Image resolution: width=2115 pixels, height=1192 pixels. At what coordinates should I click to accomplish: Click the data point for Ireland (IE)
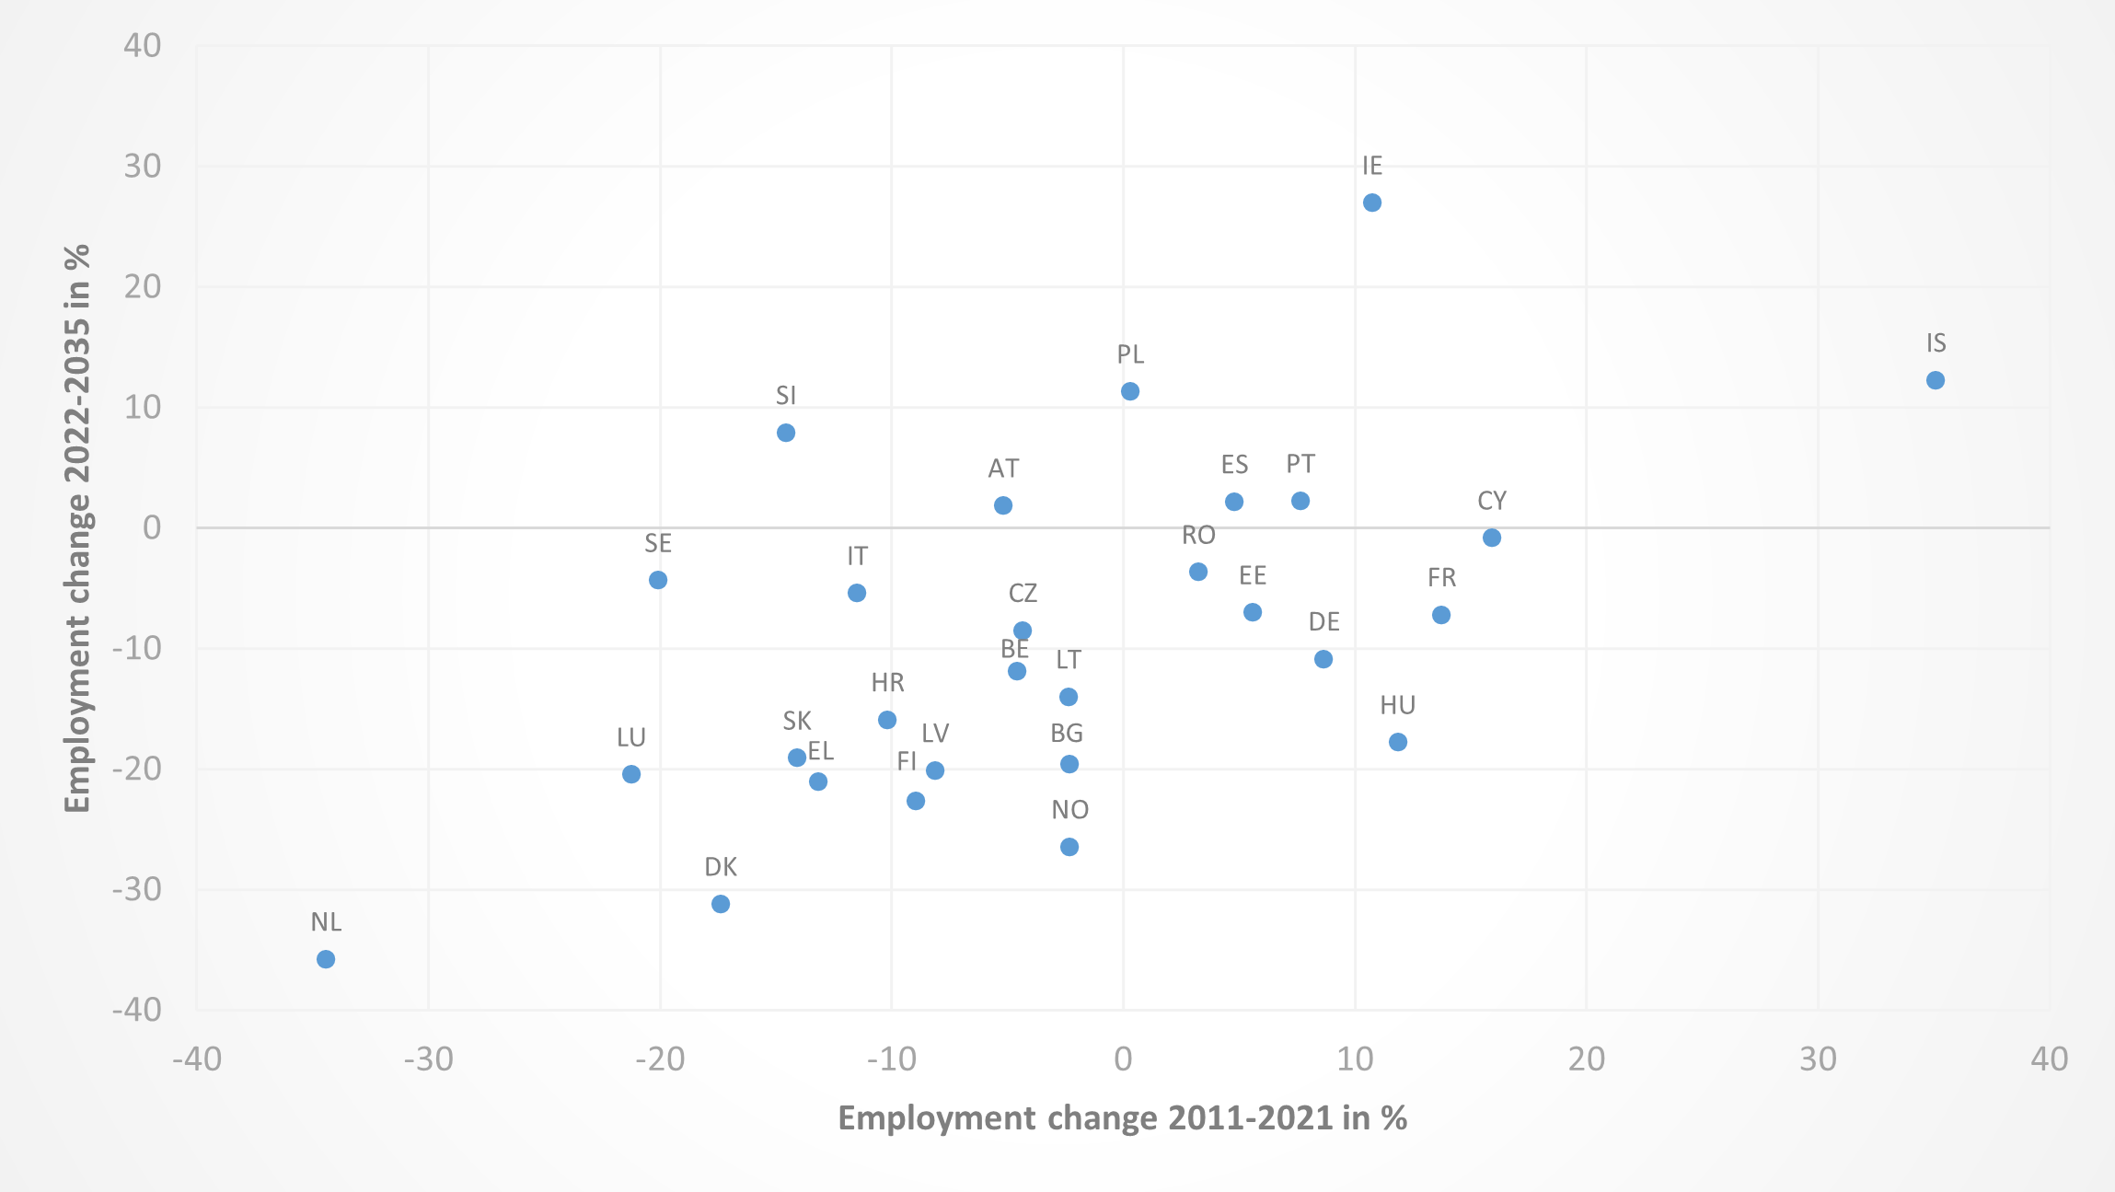click(1371, 203)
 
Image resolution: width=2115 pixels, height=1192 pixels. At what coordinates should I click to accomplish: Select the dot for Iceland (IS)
click(1935, 380)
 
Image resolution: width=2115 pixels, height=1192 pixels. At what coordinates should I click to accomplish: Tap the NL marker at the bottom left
click(326, 959)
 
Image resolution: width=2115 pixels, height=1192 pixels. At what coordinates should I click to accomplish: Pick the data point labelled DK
click(721, 904)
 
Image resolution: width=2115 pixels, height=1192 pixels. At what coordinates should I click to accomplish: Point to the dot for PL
click(1130, 391)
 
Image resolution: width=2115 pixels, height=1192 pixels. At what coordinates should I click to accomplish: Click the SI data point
click(786, 433)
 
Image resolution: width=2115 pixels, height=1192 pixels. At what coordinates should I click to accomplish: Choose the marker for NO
click(1069, 847)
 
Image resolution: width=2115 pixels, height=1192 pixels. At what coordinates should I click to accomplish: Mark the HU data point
click(1397, 742)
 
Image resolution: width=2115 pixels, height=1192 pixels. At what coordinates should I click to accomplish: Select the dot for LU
click(631, 774)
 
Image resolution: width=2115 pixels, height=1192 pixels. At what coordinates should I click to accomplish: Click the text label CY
click(1492, 501)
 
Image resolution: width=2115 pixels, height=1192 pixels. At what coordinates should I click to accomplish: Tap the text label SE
click(658, 543)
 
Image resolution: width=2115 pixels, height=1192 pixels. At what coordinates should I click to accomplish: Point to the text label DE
click(1323, 622)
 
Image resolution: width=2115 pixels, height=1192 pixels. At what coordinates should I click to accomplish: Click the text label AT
click(1003, 469)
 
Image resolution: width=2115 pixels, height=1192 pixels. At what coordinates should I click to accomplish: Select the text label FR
click(1441, 578)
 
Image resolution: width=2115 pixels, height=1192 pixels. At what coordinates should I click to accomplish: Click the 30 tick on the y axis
click(143, 167)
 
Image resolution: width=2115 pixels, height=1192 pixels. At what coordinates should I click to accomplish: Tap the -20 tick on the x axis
click(660, 1059)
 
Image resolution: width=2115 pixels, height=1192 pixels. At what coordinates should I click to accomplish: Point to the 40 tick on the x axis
click(2049, 1059)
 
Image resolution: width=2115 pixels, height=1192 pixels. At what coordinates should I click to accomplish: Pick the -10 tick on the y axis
click(137, 649)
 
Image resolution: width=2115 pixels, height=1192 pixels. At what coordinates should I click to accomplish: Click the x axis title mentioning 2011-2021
click(1122, 1117)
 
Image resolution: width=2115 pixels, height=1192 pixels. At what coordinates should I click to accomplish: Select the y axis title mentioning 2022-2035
click(77, 528)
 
